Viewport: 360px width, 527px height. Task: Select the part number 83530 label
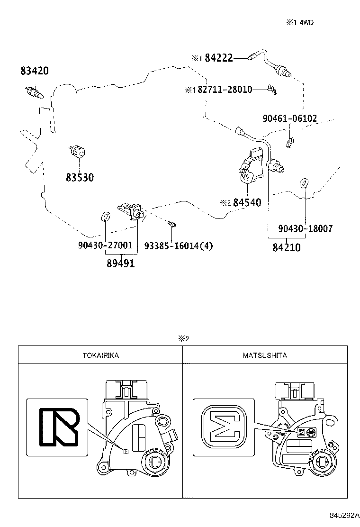(80, 177)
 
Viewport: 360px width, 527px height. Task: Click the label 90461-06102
(290, 118)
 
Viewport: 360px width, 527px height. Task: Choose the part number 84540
(247, 203)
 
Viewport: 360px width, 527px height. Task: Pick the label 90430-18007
(306, 228)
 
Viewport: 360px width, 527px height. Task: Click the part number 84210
(286, 247)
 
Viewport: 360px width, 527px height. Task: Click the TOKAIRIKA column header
(100, 355)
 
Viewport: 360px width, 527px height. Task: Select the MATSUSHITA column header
(265, 355)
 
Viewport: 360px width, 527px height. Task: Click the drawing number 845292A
(342, 515)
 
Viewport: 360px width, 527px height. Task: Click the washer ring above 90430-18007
(304, 182)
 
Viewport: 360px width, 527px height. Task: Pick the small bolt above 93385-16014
(171, 223)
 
